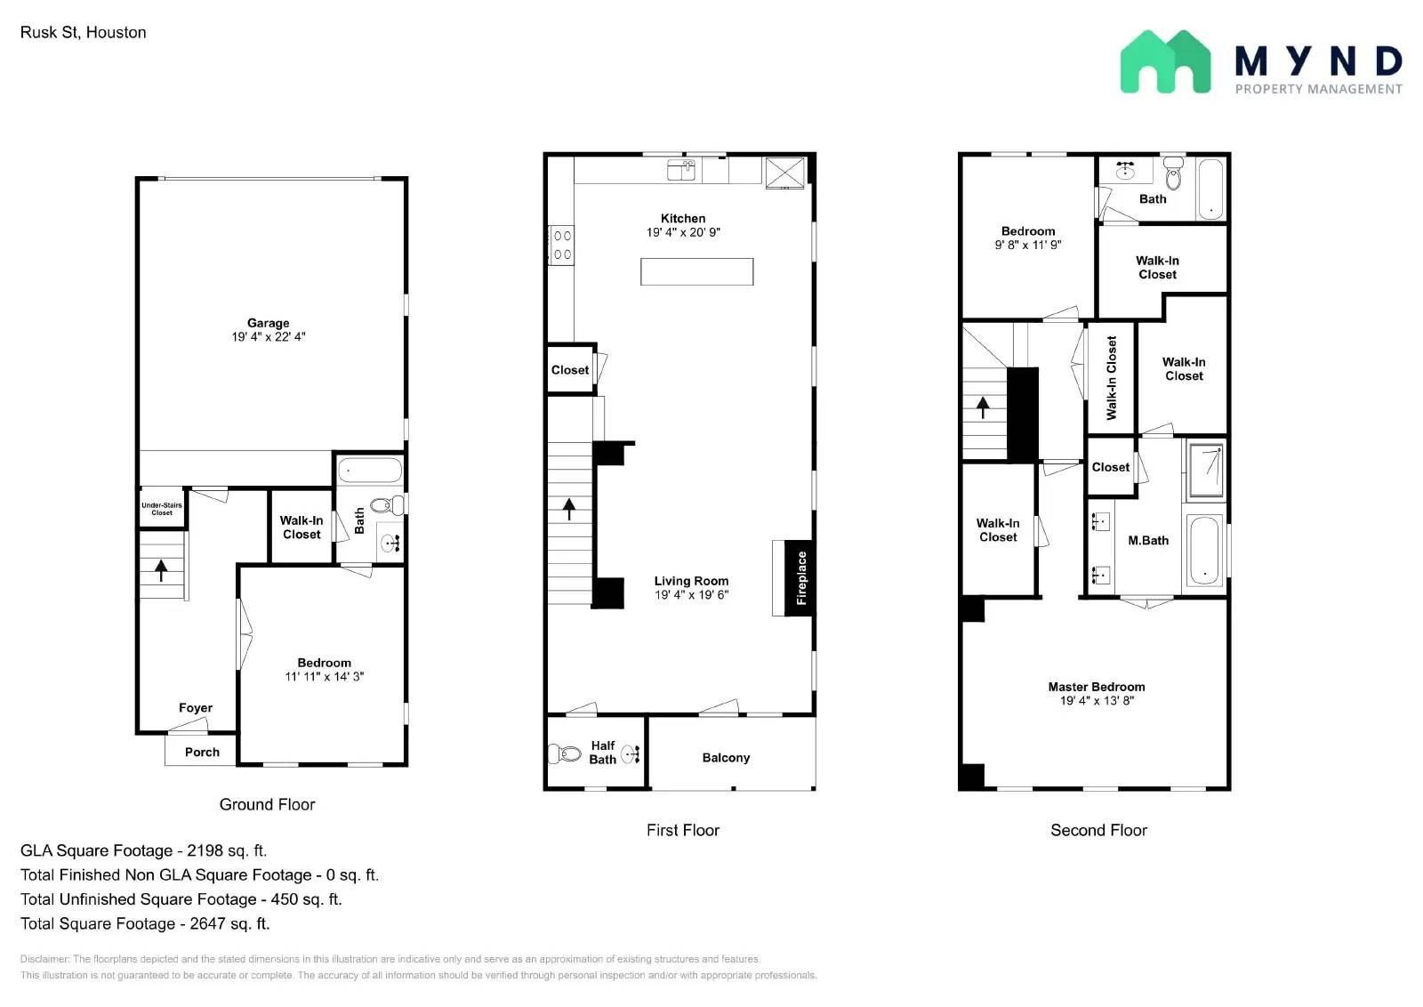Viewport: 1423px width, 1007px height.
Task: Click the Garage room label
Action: (x=268, y=323)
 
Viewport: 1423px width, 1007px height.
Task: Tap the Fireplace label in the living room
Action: (x=801, y=578)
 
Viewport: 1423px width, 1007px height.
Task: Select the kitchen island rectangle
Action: (x=696, y=271)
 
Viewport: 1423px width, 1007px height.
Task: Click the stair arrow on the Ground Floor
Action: (x=161, y=570)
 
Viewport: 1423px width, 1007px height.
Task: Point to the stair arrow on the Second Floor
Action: (x=983, y=407)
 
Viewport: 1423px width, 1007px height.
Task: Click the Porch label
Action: (x=202, y=752)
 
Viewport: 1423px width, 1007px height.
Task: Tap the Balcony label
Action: (x=726, y=758)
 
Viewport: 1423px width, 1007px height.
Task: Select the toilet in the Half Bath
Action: (x=564, y=754)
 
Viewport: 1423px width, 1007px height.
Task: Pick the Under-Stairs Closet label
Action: (x=162, y=509)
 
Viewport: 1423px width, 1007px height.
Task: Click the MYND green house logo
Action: (x=1165, y=62)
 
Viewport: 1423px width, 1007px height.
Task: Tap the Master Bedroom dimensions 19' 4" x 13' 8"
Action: (x=1097, y=701)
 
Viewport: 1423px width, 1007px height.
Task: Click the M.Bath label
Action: (x=1148, y=541)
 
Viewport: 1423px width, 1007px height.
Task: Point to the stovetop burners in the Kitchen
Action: (x=562, y=245)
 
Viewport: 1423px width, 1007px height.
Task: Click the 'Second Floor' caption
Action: (x=1098, y=830)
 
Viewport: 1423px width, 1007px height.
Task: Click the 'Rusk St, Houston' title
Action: (x=84, y=33)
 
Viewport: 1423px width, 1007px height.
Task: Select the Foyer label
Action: (x=196, y=708)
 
